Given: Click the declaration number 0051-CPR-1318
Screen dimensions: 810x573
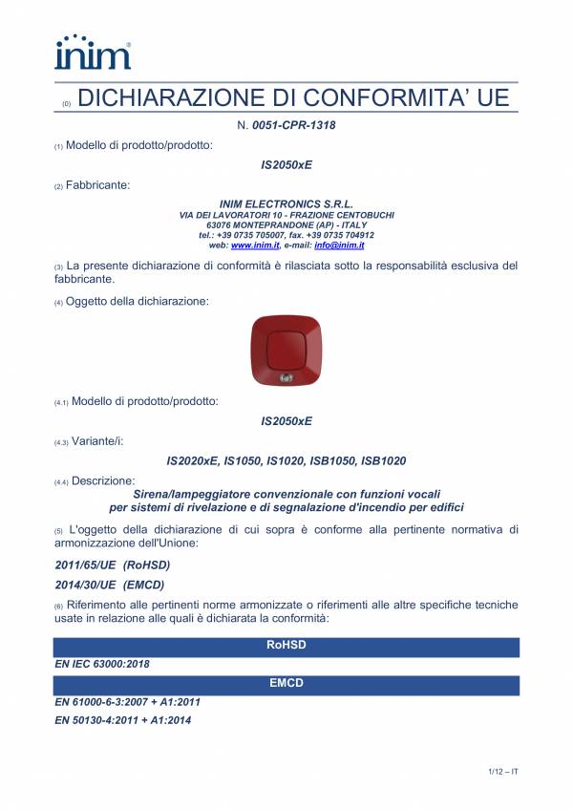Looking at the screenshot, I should click(293, 125).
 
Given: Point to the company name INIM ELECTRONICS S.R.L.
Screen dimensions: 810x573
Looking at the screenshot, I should click(286, 203).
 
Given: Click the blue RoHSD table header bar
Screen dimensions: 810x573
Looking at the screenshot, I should click(286, 647).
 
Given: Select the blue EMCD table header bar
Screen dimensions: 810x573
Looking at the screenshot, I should click(286, 685).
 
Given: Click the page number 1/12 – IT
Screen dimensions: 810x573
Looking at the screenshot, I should click(497, 771).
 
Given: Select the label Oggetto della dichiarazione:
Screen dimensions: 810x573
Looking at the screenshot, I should click(137, 301).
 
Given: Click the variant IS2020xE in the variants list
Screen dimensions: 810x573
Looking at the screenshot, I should click(192, 460).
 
